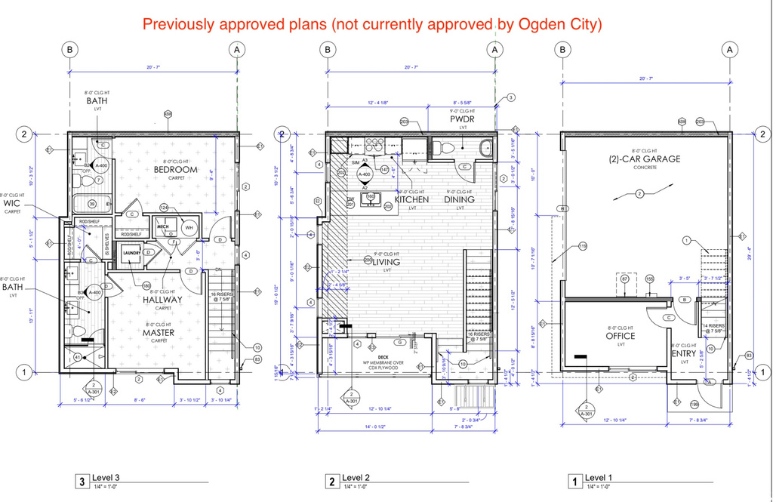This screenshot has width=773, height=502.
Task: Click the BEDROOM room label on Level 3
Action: tap(175, 170)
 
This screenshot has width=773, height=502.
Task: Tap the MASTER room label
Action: tap(159, 332)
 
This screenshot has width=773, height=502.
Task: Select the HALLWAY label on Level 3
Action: tap(163, 300)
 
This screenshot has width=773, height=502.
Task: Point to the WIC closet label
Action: tap(13, 204)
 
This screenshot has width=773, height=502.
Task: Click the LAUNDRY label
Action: tap(133, 254)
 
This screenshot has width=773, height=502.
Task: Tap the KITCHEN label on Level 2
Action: tap(411, 199)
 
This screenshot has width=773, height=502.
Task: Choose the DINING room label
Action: tap(459, 199)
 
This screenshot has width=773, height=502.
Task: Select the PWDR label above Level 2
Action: tap(461, 119)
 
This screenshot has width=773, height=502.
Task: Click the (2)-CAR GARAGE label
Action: tap(645, 159)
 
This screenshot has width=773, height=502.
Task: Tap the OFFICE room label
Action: tap(621, 336)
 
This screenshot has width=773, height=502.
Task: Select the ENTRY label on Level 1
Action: tap(684, 353)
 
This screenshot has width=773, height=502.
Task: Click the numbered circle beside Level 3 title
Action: tap(81, 481)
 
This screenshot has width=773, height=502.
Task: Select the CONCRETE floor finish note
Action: tap(645, 168)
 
